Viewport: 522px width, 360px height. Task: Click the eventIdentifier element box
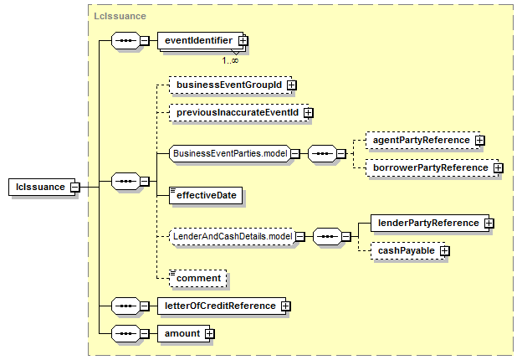click(201, 41)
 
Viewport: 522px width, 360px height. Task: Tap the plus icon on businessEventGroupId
click(292, 85)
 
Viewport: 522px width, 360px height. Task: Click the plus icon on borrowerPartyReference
click(498, 168)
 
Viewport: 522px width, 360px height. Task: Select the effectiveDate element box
click(206, 195)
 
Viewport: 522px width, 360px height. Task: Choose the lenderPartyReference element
click(430, 224)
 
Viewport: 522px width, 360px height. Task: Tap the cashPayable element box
click(408, 251)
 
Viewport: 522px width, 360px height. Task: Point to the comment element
click(197, 279)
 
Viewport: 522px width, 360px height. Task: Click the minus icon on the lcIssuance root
click(75, 188)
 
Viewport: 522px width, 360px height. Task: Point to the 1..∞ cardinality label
click(230, 60)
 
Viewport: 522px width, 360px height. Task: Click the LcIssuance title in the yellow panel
click(120, 16)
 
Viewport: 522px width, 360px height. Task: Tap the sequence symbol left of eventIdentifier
click(125, 41)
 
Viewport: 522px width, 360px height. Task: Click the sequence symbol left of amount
click(125, 334)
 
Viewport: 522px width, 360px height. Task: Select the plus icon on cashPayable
click(444, 251)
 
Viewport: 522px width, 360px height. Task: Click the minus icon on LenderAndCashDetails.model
click(300, 237)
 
